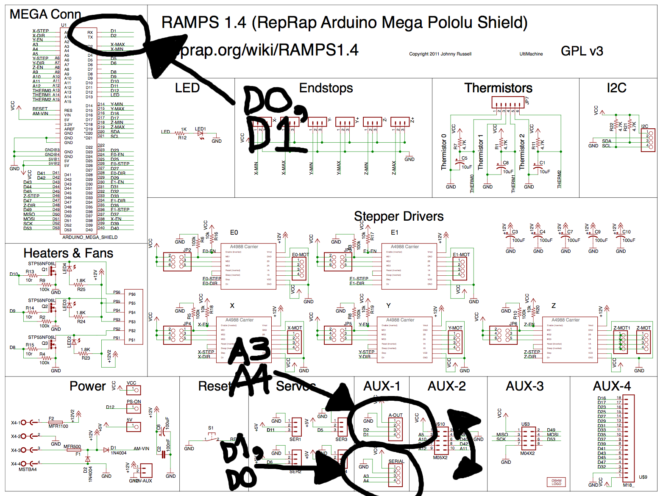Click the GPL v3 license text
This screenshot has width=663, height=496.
[582, 51]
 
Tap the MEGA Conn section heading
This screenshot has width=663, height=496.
[45, 14]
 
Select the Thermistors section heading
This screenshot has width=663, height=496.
[498, 88]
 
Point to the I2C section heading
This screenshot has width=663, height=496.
[616, 88]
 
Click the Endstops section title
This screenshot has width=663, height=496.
[326, 88]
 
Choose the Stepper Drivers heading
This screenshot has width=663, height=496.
[398, 216]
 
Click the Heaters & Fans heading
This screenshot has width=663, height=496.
[68, 253]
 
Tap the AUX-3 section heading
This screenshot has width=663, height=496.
[525, 386]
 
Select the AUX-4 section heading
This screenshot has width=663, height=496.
[612, 386]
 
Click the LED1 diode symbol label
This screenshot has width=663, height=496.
[200, 129]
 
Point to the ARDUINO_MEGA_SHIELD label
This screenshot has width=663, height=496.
[90, 237]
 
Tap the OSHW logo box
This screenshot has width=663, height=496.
[556, 482]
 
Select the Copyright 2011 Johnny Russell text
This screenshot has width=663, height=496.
[440, 54]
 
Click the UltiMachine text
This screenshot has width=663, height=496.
[531, 54]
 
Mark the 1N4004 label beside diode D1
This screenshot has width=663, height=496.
[119, 453]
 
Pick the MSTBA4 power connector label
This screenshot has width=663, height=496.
[28, 469]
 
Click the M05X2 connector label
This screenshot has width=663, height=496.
[440, 457]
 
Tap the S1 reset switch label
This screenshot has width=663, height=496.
[211, 428]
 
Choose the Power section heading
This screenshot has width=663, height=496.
[88, 386]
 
